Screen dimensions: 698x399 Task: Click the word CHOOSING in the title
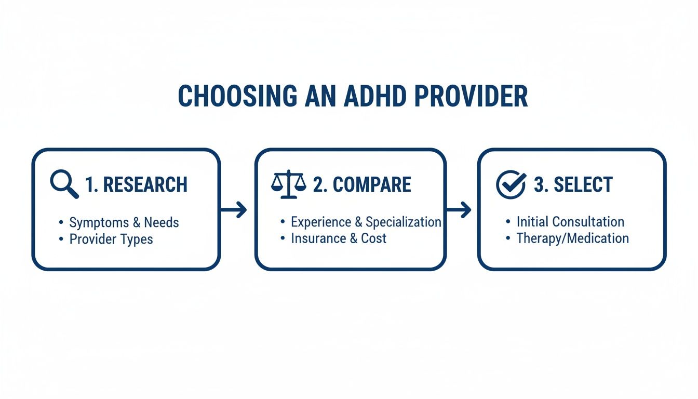[237, 96]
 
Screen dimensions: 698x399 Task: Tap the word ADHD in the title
[375, 96]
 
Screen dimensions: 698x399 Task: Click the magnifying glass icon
[64, 184]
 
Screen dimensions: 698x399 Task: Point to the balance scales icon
[289, 184]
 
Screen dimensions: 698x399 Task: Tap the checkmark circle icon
[511, 184]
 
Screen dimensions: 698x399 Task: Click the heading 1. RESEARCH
[136, 184]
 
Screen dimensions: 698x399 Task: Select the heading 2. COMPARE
[362, 184]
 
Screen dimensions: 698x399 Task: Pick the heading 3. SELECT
[573, 184]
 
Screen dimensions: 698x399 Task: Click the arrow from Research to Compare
[234, 209]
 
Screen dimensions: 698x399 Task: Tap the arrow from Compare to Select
[459, 209]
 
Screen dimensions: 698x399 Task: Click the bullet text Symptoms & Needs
[124, 223]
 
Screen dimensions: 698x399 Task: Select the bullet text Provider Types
[111, 240]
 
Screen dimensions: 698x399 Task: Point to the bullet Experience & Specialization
[366, 222]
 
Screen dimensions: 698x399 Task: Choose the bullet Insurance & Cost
[339, 238]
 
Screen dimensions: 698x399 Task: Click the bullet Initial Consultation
[571, 222]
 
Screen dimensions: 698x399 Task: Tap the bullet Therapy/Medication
[573, 238]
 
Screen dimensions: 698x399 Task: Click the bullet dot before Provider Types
[61, 239]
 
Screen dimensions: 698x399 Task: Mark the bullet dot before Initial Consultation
[508, 222]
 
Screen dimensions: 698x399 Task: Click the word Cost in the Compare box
[373, 238]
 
